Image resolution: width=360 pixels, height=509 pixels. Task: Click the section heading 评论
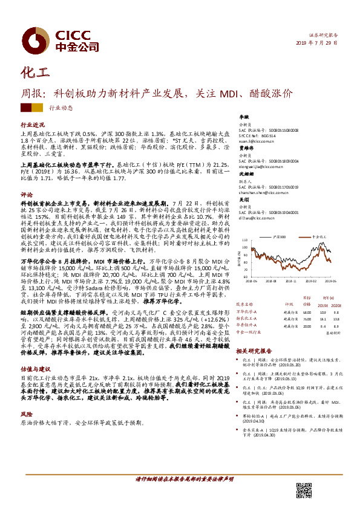pyautogui.click(x=25, y=195)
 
